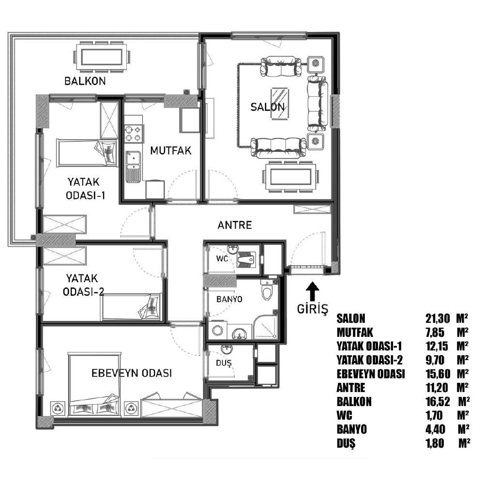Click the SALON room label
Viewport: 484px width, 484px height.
[267, 107]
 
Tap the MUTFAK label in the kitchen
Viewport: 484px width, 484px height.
[171, 151]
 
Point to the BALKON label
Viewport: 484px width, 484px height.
[85, 81]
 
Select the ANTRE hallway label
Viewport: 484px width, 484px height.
[235, 225]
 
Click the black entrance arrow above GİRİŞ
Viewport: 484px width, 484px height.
[312, 291]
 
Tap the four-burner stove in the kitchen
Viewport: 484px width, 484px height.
[134, 134]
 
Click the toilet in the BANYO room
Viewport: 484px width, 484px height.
[267, 290]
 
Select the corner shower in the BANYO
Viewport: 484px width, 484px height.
[265, 327]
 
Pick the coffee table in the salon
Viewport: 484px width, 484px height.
[280, 104]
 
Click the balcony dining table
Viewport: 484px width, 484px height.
[102, 58]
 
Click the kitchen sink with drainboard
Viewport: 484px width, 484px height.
[133, 166]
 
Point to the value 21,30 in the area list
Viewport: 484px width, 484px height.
[438, 318]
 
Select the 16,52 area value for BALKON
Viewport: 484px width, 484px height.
[438, 402]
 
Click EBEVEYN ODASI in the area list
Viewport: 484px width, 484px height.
[370, 374]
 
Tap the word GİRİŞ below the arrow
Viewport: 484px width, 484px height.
[312, 309]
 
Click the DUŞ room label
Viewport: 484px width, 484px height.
[224, 363]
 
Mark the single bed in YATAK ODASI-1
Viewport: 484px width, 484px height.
[87, 153]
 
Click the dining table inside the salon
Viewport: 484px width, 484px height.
[290, 177]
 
